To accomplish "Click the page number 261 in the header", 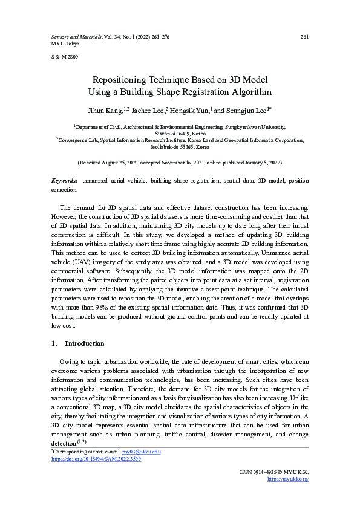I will click(x=304, y=37).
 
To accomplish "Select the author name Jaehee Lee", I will click(x=149, y=111).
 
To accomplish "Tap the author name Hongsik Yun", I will click(x=189, y=111).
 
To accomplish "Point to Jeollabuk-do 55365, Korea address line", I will click(x=180, y=146).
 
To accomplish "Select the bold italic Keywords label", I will click(x=62, y=181).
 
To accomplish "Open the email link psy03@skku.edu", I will click(x=141, y=452).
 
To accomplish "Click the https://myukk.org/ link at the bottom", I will click(x=288, y=479).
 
